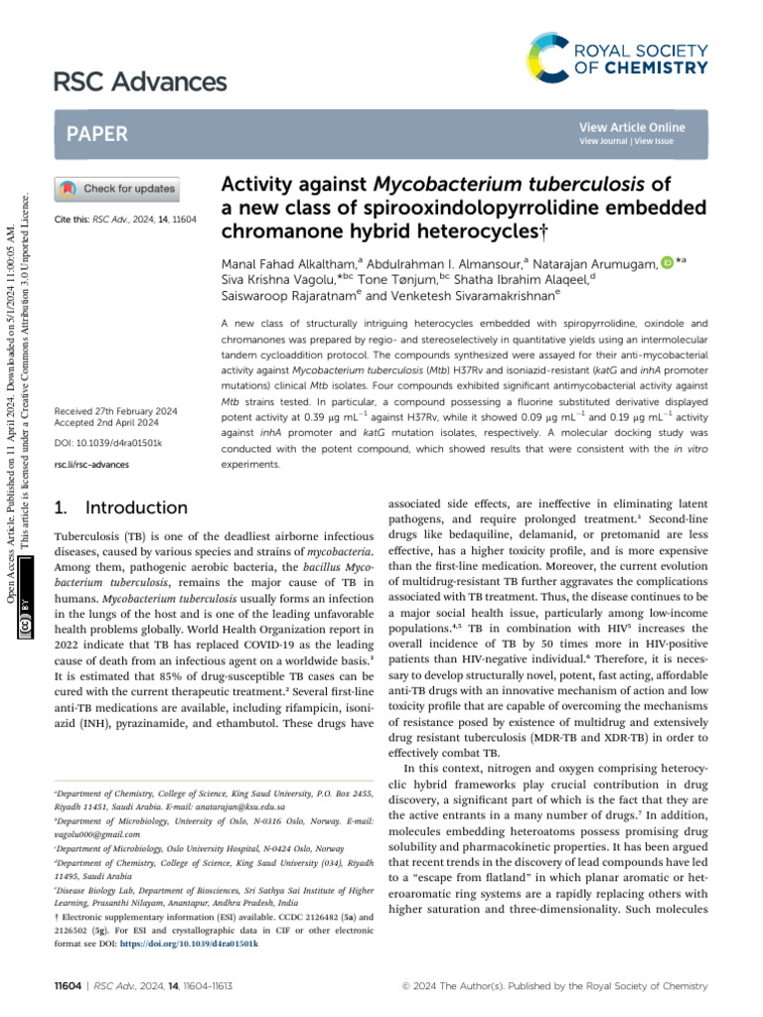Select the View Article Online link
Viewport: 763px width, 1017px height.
632,127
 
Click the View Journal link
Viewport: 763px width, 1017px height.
605,141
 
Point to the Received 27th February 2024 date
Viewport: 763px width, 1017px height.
117,410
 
